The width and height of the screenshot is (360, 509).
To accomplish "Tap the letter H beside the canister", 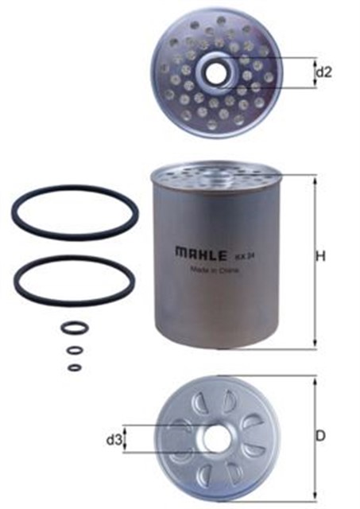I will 321,257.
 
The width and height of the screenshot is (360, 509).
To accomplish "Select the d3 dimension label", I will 114,438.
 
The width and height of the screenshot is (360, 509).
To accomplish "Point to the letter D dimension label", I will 321,436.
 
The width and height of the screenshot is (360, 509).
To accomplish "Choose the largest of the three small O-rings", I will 73,328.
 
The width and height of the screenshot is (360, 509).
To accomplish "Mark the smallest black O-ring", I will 74,367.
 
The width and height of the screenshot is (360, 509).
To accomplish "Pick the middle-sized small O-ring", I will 74,350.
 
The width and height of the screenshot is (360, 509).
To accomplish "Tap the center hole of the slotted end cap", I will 215,437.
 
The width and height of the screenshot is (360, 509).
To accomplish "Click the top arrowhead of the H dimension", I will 315,181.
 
